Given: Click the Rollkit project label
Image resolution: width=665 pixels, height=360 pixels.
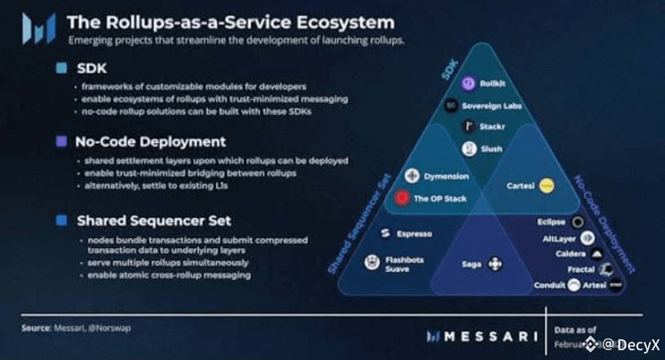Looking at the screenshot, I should pos(493,84).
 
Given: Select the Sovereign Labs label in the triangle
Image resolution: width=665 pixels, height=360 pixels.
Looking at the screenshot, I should pos(491,106).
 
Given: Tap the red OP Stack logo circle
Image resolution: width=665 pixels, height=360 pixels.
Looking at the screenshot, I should pos(402,198).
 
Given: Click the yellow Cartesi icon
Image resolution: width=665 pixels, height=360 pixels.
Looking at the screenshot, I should pos(546,185).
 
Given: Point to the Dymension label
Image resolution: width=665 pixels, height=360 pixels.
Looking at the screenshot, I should pos(446,177).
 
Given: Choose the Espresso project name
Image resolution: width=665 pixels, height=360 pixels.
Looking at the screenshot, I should pos(414,234).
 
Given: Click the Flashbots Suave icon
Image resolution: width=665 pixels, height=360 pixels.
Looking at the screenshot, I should pos(371,263).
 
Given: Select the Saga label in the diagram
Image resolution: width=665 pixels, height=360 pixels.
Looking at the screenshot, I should pos(472,265).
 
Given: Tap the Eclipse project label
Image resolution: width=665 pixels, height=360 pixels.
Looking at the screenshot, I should pos(550,222).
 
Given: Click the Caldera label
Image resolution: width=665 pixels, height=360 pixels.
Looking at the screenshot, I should pos(570,254).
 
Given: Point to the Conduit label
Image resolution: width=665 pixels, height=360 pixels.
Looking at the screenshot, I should pos(550,285).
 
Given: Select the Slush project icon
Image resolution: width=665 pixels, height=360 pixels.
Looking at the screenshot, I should pos(470,149).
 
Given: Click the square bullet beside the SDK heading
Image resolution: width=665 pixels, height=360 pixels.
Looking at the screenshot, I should pos(61,68).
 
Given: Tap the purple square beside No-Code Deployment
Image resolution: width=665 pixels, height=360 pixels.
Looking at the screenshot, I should pos(61,142).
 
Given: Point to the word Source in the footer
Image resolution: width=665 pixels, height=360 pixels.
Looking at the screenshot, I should pos(35,328).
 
